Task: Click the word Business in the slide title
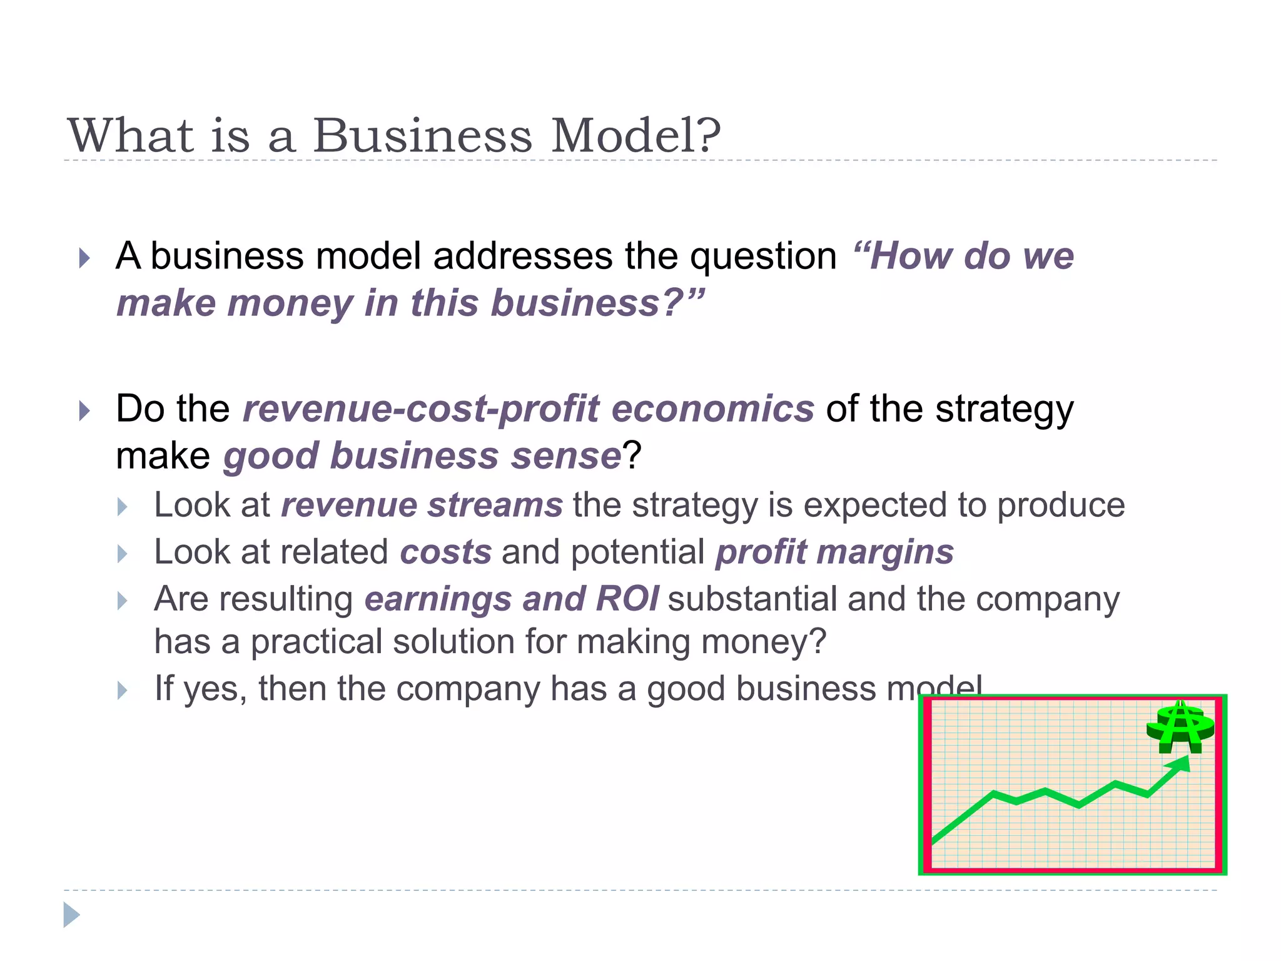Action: pos(423,136)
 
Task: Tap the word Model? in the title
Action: pos(635,136)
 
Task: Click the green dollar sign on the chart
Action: pos(1180,729)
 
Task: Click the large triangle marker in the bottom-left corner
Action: pos(71,915)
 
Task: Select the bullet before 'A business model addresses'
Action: pos(84,258)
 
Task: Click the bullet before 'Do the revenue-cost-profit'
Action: pos(84,411)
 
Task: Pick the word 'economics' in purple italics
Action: pos(712,409)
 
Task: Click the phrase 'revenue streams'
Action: pos(422,505)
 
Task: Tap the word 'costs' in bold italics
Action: pos(445,552)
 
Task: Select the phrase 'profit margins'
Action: pos(834,552)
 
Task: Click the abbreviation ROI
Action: pos(627,599)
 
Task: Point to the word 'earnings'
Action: pos(438,600)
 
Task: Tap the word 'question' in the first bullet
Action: pos(763,257)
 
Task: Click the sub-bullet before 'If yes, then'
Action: pos(123,691)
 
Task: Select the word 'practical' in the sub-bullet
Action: pos(316,643)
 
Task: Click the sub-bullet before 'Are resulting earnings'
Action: pos(123,601)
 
